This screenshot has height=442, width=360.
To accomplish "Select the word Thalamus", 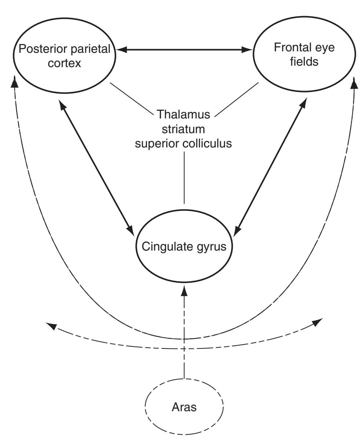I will pyautogui.click(x=183, y=114).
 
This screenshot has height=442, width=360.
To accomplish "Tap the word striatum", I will pyautogui.click(x=183, y=129).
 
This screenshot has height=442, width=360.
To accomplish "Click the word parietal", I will pyautogui.click(x=90, y=49).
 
